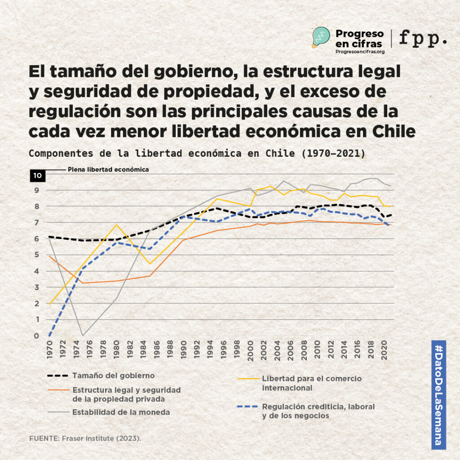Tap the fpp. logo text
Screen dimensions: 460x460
[x=423, y=39]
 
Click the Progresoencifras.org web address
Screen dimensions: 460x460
[x=360, y=52]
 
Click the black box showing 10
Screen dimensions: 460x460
[x=37, y=175]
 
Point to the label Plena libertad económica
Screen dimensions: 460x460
[x=108, y=169]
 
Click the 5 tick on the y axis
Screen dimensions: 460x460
[x=37, y=255]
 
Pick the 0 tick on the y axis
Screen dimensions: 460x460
[x=37, y=336]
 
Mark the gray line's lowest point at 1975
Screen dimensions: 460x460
[x=83, y=335]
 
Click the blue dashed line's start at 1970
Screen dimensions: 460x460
[x=49, y=335]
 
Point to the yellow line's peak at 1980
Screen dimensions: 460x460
[x=116, y=225]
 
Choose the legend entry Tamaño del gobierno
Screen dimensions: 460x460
[x=114, y=376]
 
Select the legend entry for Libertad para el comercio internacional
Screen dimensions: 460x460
[x=311, y=383]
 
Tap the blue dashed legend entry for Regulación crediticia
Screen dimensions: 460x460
[x=318, y=411]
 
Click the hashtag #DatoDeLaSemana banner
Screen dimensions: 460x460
[x=438, y=395]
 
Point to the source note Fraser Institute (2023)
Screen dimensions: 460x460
[x=85, y=438]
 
